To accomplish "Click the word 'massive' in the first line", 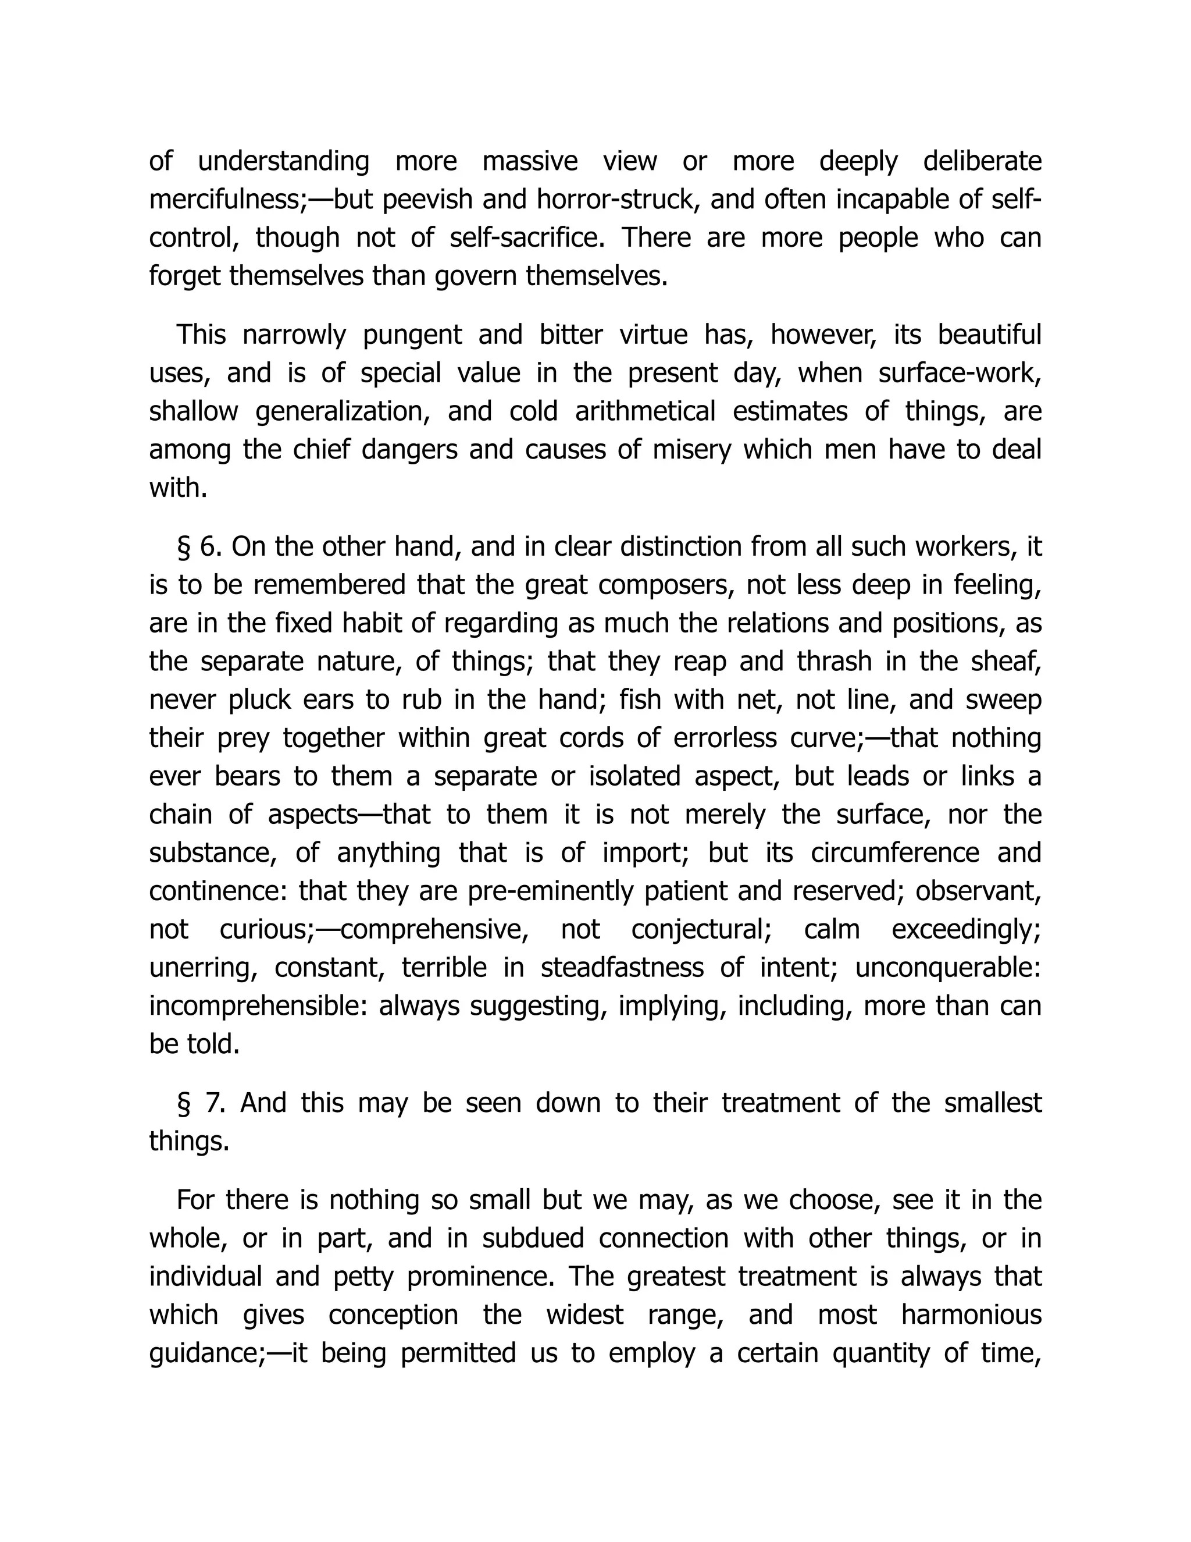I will tap(529, 162).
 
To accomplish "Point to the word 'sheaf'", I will tap(1005, 662).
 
